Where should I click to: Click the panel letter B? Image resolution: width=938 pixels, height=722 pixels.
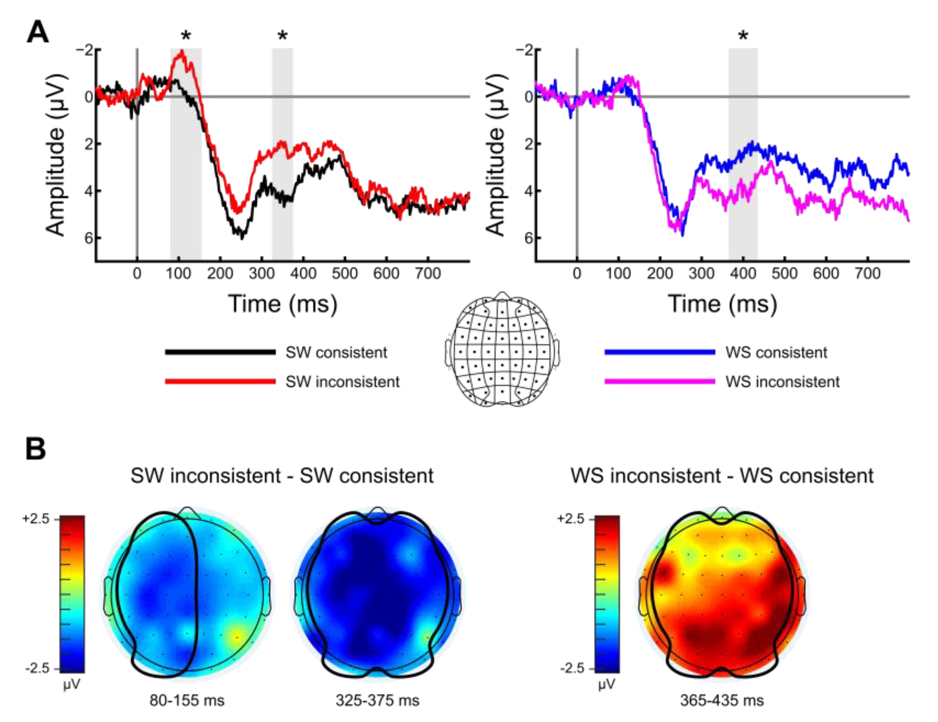pos(35,449)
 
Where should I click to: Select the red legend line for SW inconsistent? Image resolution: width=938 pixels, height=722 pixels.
pos(220,381)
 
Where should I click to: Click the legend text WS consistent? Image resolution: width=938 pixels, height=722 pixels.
pos(776,352)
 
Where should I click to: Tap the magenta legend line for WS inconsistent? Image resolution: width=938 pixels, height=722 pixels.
pos(660,381)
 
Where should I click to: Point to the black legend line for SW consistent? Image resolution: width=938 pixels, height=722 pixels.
pos(220,352)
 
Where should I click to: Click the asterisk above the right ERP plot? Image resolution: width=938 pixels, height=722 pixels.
pos(743,35)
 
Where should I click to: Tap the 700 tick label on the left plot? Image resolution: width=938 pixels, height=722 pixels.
pos(427,273)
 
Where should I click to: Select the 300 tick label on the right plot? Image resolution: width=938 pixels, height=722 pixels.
pos(701,273)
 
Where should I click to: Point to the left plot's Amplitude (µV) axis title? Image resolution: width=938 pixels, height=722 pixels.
pos(56,155)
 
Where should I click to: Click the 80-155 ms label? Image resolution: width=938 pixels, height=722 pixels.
pos(187,700)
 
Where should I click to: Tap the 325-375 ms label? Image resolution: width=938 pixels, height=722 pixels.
pos(377,700)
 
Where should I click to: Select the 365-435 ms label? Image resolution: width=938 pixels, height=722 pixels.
pos(722,700)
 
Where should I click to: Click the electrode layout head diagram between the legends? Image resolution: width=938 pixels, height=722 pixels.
pos(502,349)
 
